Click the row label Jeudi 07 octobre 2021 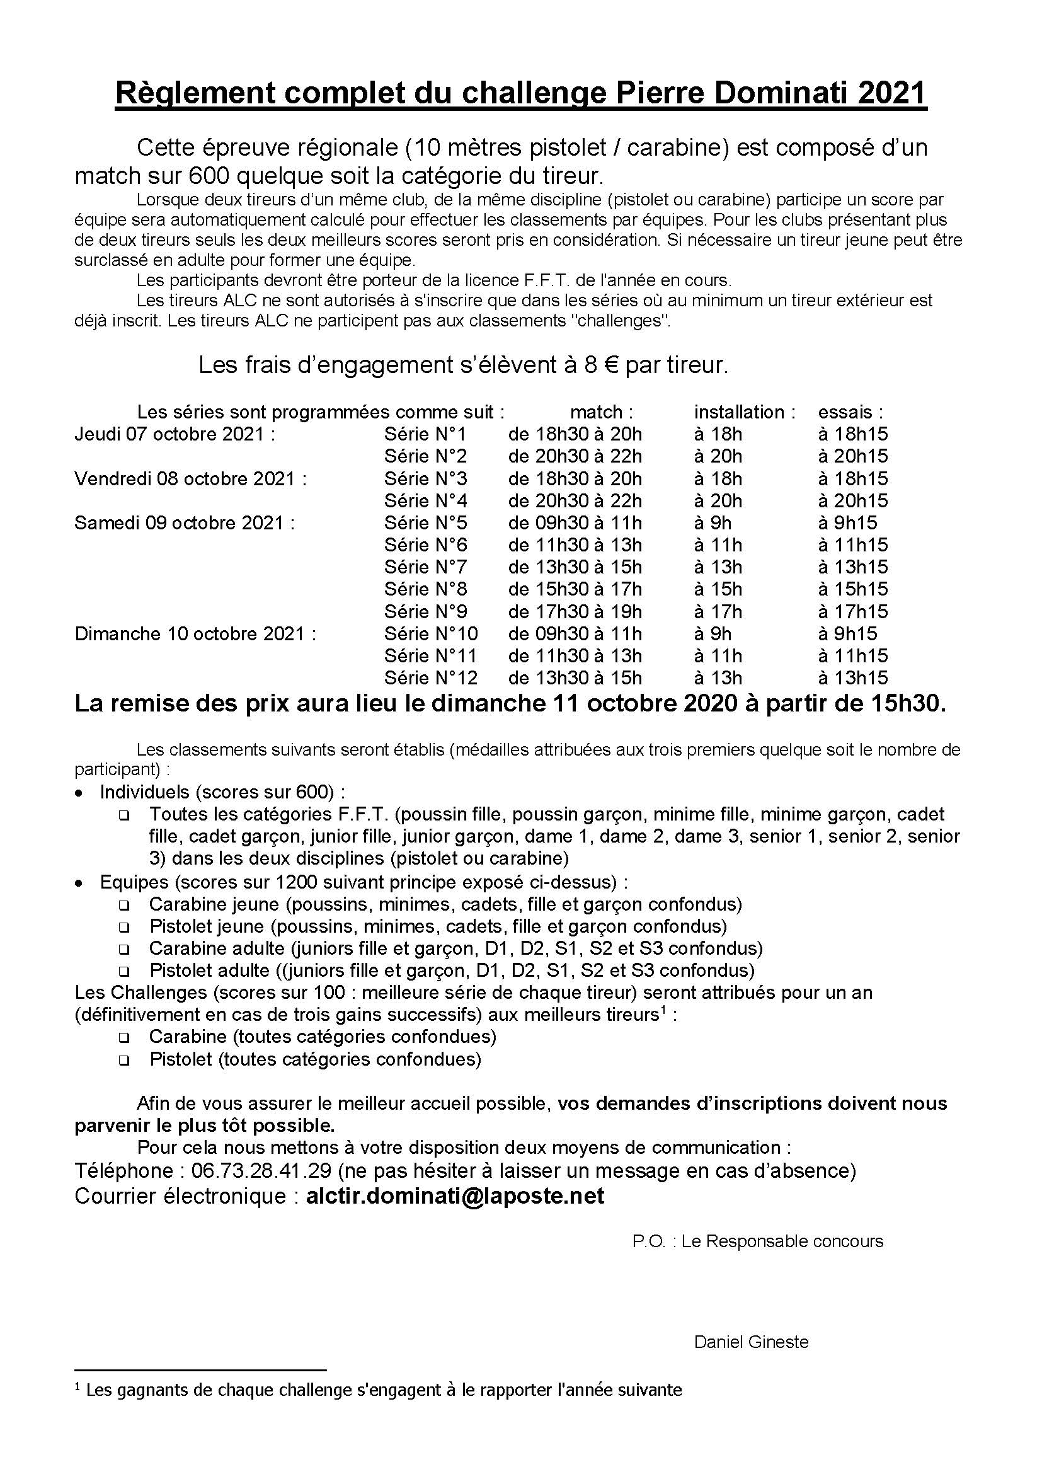tap(175, 434)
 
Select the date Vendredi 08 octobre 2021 tap(190, 478)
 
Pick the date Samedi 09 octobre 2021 tap(184, 522)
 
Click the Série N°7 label tap(425, 567)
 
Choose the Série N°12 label tap(430, 678)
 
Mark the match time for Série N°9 tap(575, 611)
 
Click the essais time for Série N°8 tap(853, 589)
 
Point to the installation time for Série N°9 tap(718, 611)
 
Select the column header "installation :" tap(744, 412)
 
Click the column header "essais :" tap(850, 412)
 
